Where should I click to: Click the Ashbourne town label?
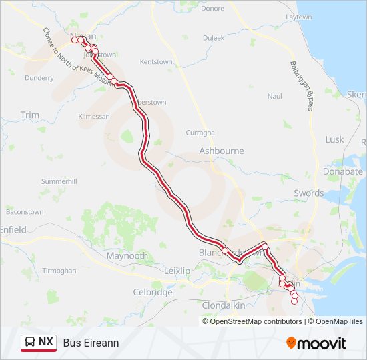pos(222,151)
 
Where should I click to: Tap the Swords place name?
pos(309,193)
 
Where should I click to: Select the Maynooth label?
pos(127,255)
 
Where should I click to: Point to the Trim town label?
pos(30,115)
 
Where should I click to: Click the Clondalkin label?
pos(224,305)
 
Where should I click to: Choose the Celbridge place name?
pos(153,292)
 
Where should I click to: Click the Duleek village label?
pos(214,38)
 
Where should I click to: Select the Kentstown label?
pos(156,62)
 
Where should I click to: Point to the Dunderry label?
pos(39,78)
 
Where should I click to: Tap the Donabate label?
pos(342,171)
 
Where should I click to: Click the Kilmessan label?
pos(93,117)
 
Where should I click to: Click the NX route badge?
pos(39,342)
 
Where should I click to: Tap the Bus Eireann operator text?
pos(91,343)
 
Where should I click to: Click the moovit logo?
pos(316,343)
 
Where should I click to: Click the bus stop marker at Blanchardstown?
pos(226,251)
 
